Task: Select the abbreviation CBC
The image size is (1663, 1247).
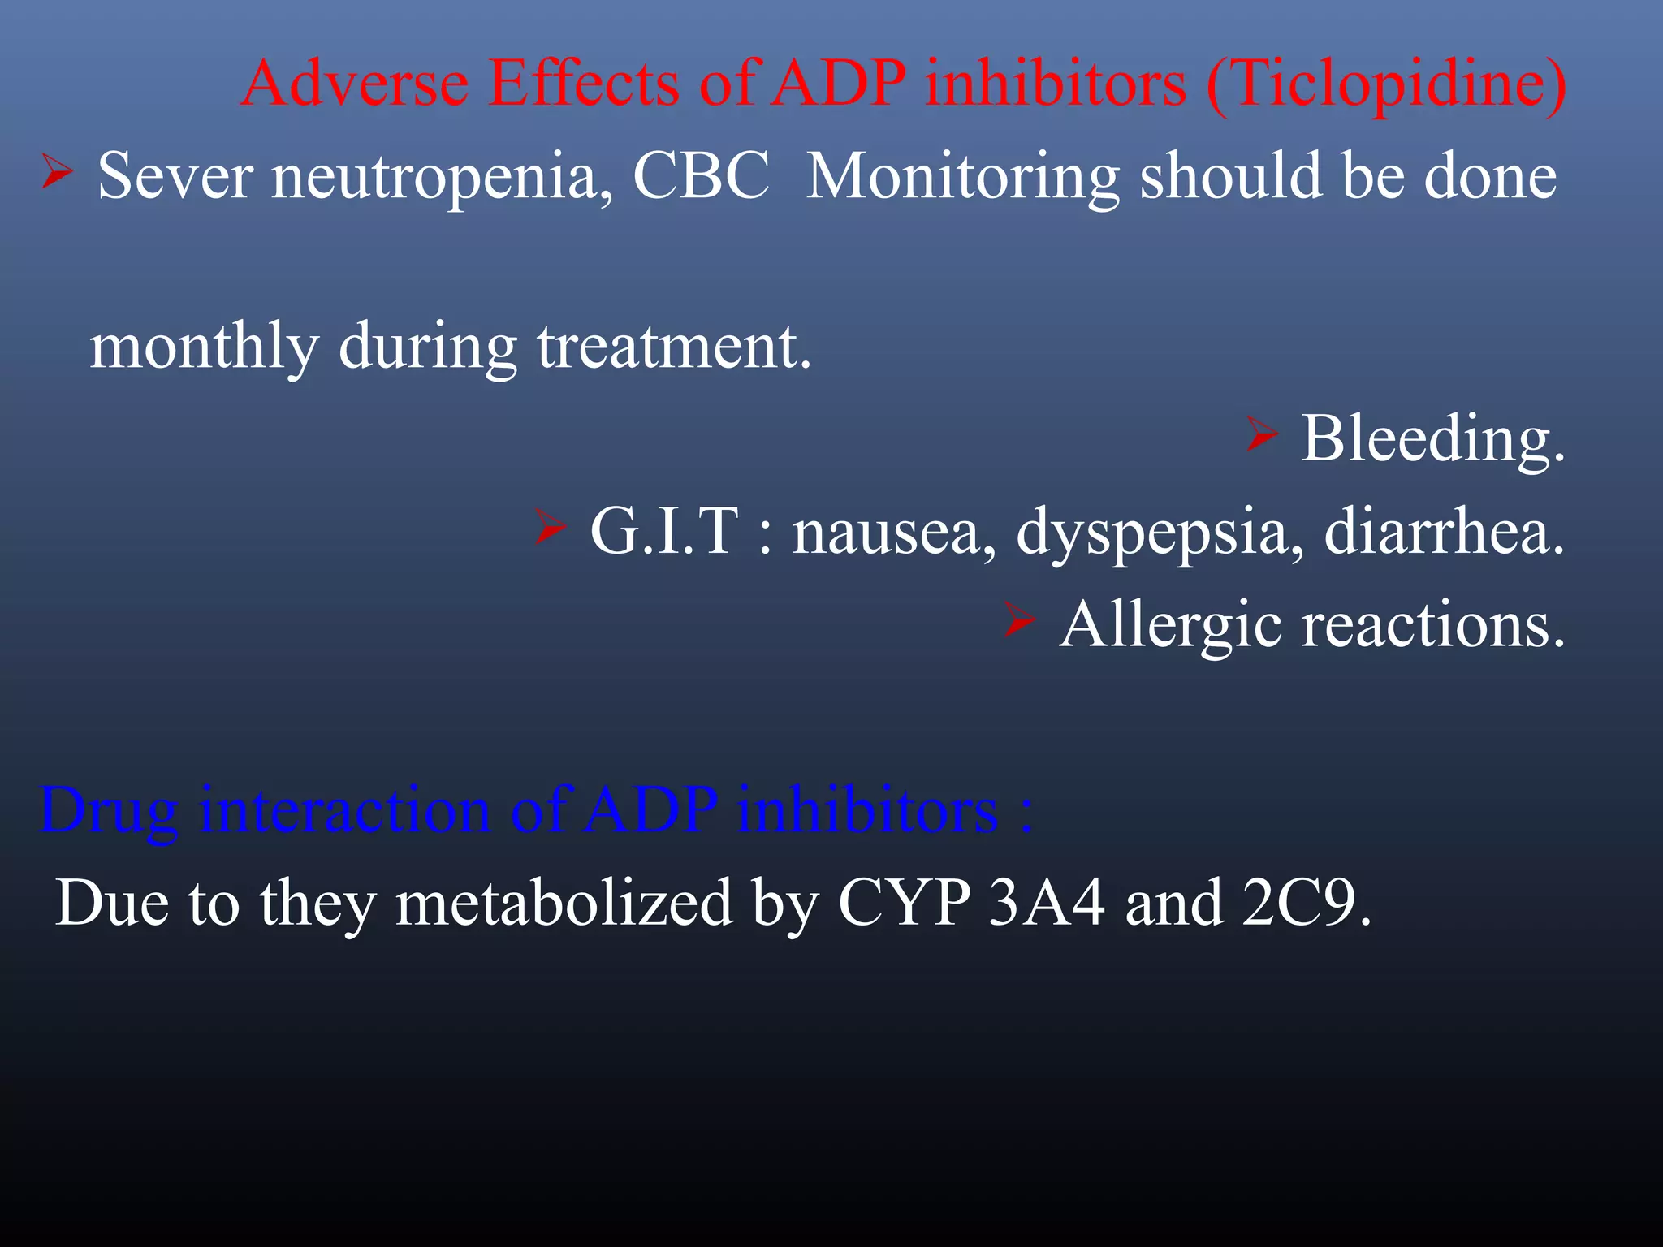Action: coord(701,176)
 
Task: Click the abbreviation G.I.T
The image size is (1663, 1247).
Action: coord(665,532)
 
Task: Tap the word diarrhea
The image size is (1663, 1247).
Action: coord(1444,532)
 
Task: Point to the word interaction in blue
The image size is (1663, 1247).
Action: coord(345,810)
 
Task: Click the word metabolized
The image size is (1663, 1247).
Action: coord(564,904)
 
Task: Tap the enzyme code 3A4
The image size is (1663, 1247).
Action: coord(1047,904)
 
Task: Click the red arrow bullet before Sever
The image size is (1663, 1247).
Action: coord(57,172)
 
